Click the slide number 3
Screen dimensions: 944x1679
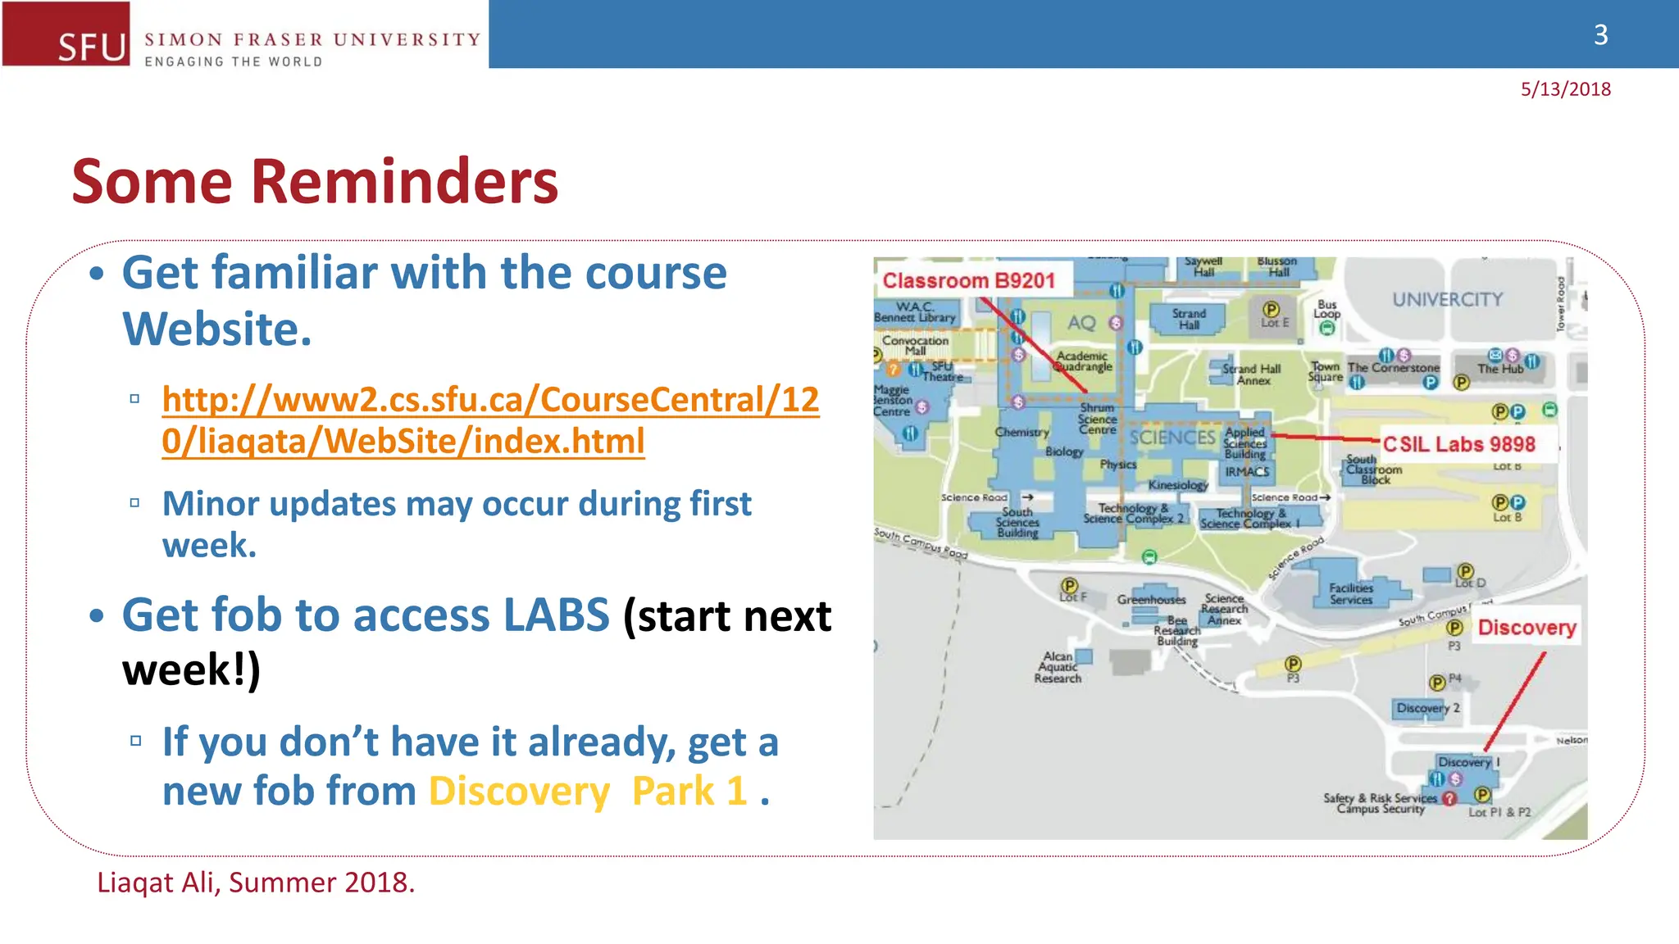[x=1600, y=34]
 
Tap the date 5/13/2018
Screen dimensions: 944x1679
[x=1565, y=89]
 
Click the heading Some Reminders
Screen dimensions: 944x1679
[x=315, y=181]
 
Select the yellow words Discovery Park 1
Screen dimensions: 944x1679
[x=587, y=791]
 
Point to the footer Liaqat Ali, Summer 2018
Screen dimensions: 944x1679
[x=256, y=883]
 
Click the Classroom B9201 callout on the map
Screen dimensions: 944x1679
[x=968, y=280]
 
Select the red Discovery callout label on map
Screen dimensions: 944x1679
[x=1526, y=628]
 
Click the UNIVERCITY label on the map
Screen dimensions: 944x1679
[x=1447, y=299]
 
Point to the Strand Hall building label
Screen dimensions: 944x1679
[x=1189, y=319]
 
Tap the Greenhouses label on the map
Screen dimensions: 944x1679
[x=1151, y=600]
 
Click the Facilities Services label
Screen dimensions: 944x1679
[x=1350, y=593]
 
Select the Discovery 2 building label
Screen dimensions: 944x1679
[x=1427, y=708]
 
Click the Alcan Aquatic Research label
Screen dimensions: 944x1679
[x=1058, y=667]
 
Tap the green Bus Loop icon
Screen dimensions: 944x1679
[x=1327, y=329]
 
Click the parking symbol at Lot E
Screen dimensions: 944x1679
[x=1271, y=309]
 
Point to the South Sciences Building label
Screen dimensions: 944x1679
[x=1017, y=522]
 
